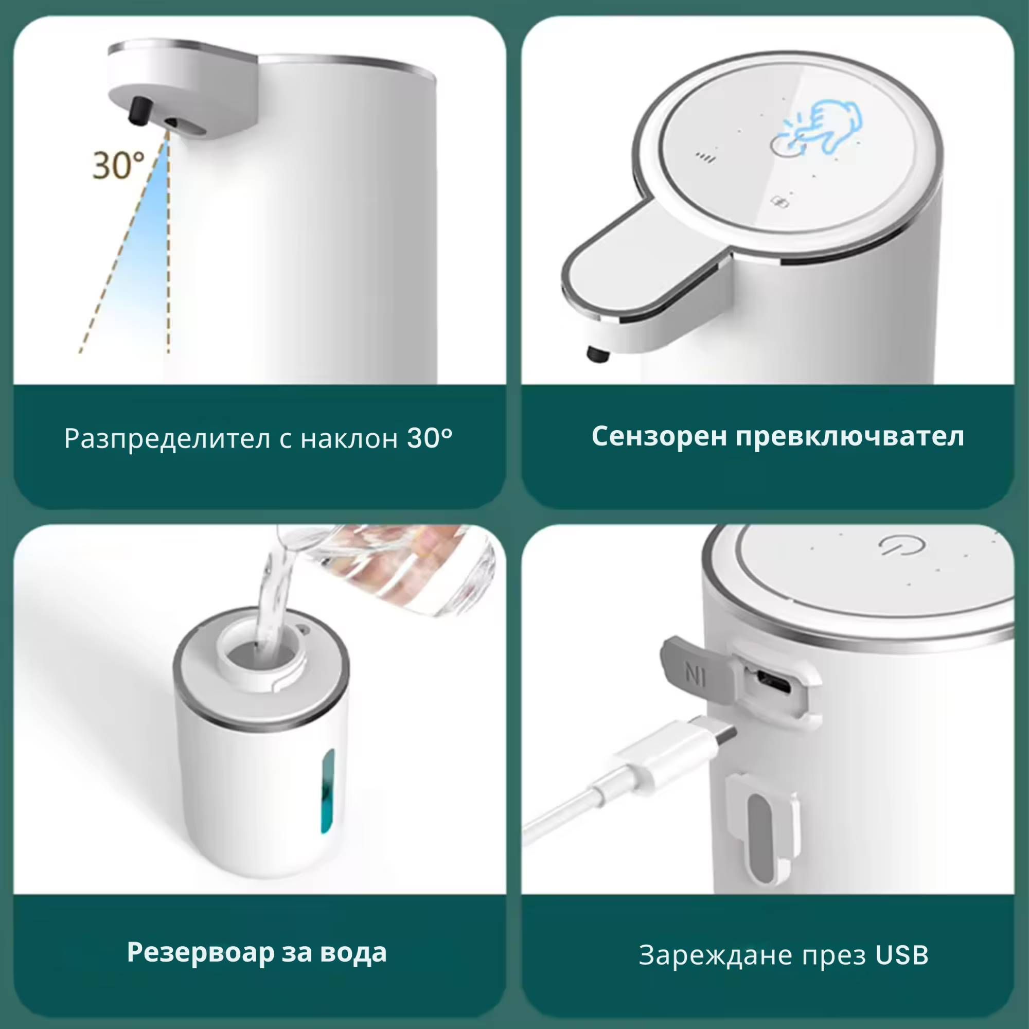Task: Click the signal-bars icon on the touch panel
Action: pyautogui.click(x=707, y=157)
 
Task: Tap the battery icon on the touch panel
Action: pyautogui.click(x=780, y=201)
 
